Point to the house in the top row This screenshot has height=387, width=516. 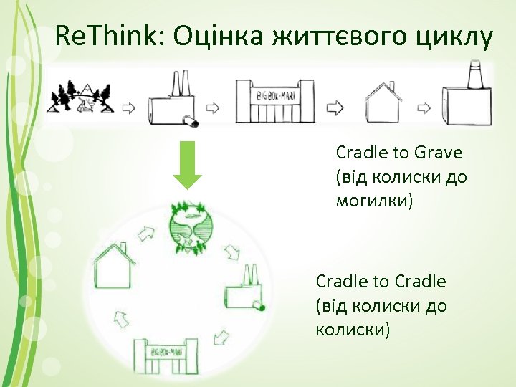386,102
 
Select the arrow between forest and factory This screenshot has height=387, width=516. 128,108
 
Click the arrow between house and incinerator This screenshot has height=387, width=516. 425,108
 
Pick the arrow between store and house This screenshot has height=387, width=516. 334,108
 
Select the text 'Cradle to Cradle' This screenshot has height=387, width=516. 381,281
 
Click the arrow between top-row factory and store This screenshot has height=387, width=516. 214,108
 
